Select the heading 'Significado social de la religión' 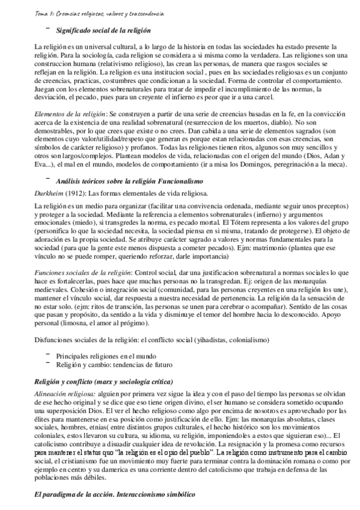tap(103, 30)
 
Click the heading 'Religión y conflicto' tap(72, 381)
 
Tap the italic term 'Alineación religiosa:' tap(65, 393)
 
